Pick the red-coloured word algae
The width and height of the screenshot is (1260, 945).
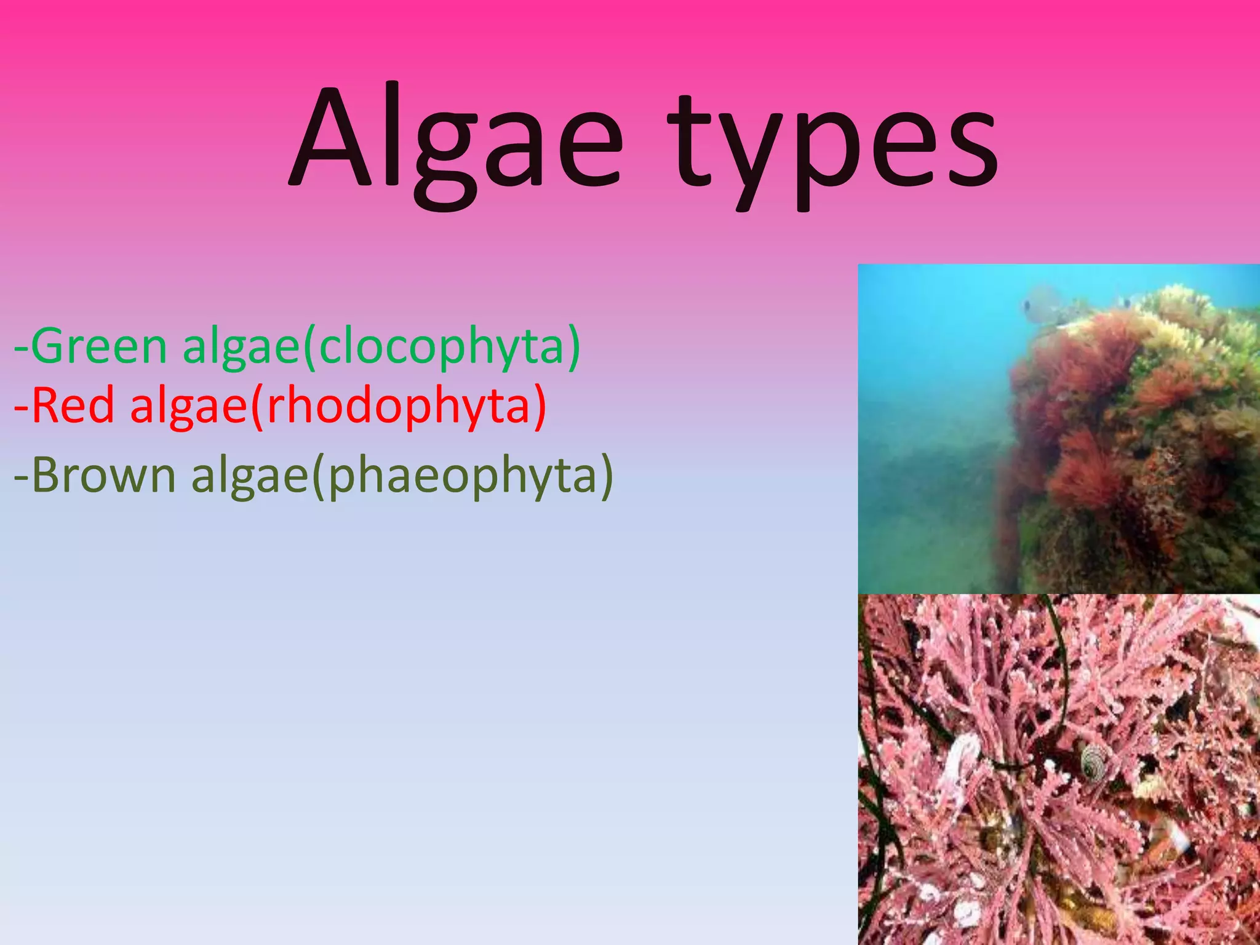pos(188,406)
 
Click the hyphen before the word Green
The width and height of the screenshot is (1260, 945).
pos(21,348)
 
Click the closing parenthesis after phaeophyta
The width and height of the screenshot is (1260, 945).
pos(606,476)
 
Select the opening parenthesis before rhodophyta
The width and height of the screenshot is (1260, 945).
pos(256,406)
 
